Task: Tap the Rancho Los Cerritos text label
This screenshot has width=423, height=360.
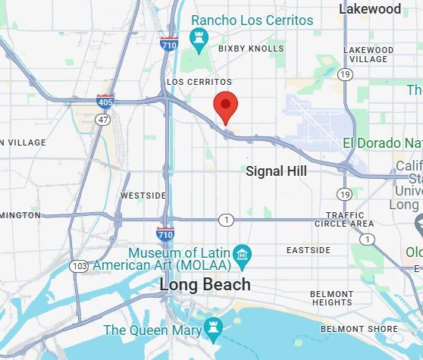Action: (252, 20)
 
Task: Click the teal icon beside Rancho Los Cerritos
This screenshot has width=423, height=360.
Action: (199, 36)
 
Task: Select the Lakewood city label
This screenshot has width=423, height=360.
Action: (370, 9)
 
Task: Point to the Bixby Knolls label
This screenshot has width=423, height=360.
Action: (251, 49)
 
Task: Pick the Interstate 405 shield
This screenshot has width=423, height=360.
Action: (105, 100)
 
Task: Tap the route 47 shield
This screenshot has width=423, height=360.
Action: (102, 119)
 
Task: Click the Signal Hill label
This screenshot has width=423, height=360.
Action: (276, 171)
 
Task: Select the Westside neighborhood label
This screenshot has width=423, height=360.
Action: (143, 196)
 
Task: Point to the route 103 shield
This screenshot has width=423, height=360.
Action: (79, 266)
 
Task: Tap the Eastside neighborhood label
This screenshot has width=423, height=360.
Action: (309, 250)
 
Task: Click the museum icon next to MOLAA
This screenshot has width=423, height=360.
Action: (242, 252)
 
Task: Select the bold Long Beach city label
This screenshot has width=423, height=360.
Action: (205, 285)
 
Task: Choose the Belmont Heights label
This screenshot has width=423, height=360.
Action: (332, 297)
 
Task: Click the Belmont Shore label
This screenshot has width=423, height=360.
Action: (359, 329)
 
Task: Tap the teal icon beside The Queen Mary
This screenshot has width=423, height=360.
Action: (213, 329)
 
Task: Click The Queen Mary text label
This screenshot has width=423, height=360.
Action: (152, 330)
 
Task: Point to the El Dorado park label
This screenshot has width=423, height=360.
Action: (382, 143)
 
